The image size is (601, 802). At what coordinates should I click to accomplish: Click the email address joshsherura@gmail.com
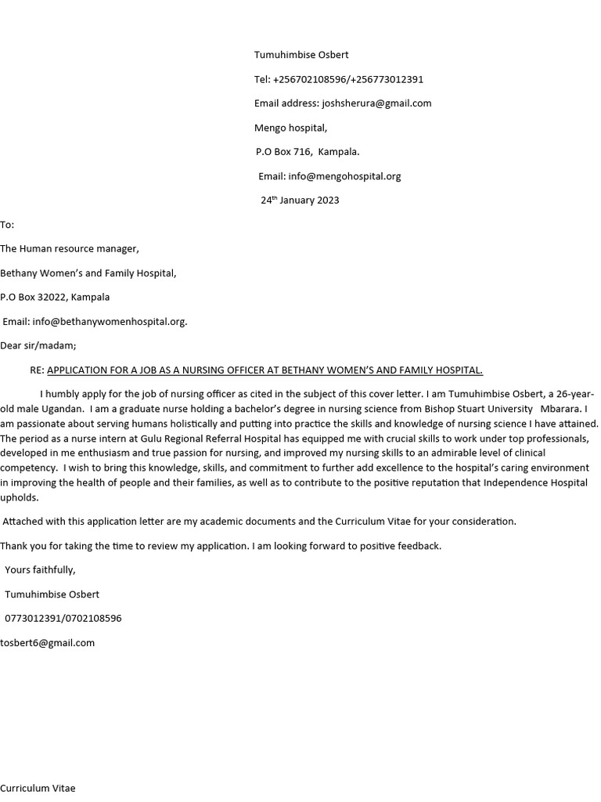click(x=376, y=103)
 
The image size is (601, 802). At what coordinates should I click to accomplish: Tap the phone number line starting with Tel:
click(x=339, y=79)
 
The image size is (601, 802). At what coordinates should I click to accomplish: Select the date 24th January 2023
click(x=300, y=200)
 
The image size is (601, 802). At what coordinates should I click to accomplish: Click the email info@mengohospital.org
click(x=344, y=176)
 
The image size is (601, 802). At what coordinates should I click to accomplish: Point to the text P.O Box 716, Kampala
click(x=308, y=152)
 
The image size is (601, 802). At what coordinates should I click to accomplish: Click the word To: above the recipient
click(x=7, y=225)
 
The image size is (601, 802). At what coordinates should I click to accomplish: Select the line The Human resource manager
click(x=70, y=249)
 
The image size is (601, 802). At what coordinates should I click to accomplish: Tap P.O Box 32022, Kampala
click(x=55, y=298)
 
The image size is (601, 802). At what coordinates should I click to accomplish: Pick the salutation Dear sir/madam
click(x=38, y=345)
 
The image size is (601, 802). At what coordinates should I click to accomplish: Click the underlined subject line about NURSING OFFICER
click(x=265, y=370)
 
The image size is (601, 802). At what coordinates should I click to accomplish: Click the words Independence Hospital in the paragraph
click(x=535, y=482)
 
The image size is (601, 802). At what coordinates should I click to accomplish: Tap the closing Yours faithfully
click(x=40, y=570)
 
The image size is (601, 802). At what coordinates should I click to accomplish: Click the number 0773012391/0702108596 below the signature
click(x=63, y=619)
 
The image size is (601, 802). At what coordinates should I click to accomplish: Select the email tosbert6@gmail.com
click(x=48, y=643)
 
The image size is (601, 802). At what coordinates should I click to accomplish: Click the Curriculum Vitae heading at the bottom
click(x=38, y=789)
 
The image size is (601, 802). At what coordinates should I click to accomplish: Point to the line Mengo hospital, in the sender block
click(x=290, y=128)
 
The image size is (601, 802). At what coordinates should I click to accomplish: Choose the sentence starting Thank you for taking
click(x=221, y=546)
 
